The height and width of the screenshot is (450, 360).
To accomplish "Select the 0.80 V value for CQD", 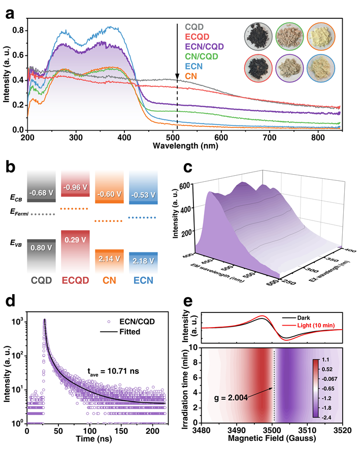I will (x=40, y=248).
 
